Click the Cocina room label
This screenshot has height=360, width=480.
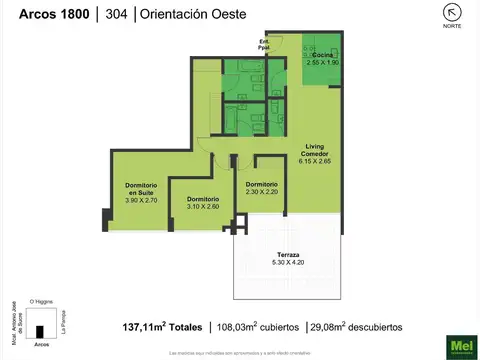click(322, 55)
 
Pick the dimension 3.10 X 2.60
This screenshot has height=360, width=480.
click(203, 207)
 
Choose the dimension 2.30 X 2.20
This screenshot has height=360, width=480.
click(261, 192)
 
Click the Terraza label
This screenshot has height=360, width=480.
click(288, 257)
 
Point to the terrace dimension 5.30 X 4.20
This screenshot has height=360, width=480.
click(288, 265)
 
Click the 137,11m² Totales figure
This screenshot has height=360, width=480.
click(162, 327)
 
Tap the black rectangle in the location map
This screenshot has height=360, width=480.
click(42, 332)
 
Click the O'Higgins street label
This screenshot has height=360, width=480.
click(42, 300)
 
